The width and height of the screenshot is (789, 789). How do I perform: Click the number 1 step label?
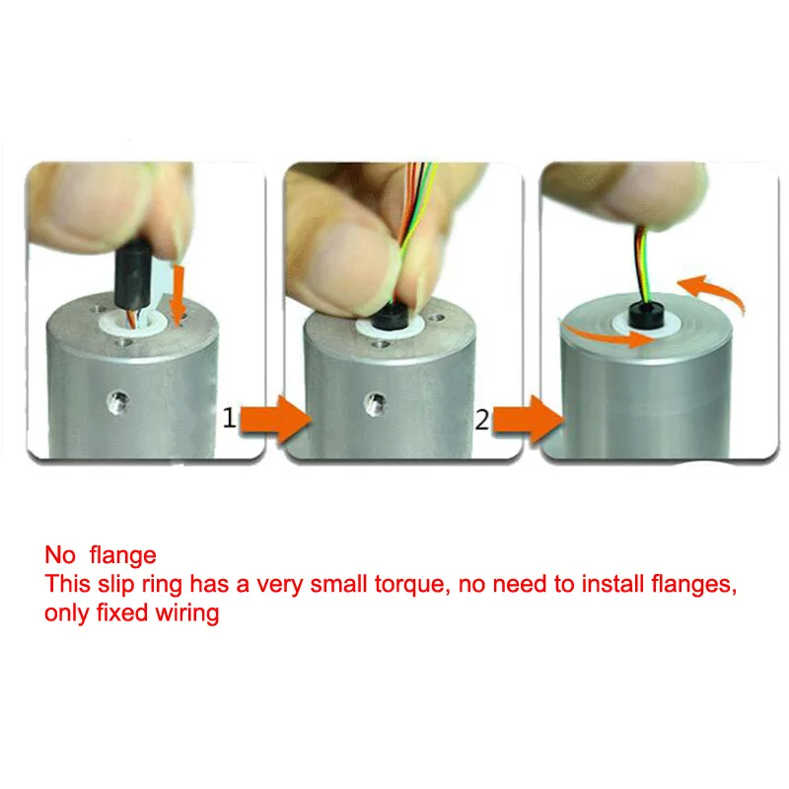229,418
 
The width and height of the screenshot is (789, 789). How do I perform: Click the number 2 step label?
482,420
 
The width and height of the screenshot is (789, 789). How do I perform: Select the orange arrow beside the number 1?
275,419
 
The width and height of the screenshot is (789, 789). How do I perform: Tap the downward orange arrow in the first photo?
178,295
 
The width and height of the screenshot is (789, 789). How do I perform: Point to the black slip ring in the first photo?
133,275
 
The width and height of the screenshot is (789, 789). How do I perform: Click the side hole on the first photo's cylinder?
118,402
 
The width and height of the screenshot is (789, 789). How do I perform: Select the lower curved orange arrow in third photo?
607,335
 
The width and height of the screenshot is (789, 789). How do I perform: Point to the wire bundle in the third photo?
643,265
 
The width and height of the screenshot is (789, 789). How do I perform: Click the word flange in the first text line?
122,555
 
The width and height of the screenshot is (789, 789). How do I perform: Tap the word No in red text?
60,555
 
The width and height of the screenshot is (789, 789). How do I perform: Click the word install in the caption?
612,584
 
